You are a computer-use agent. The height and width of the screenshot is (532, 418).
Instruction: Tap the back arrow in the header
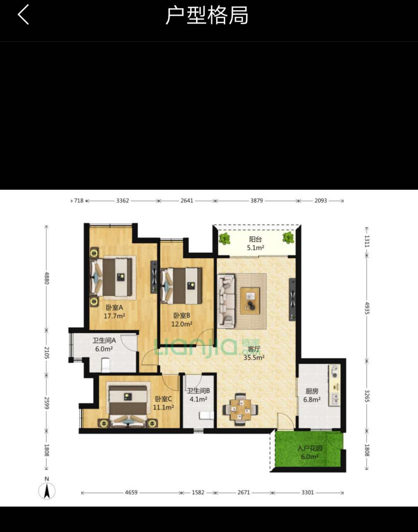click(x=23, y=14)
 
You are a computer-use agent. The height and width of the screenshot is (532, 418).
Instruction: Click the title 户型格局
click(x=207, y=15)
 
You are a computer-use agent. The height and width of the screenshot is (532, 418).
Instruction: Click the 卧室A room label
click(x=114, y=307)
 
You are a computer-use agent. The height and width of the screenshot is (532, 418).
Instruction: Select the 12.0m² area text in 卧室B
click(x=182, y=324)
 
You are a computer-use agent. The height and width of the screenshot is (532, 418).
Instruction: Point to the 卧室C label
click(x=163, y=399)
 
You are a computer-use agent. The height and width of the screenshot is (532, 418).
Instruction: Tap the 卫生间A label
click(x=104, y=340)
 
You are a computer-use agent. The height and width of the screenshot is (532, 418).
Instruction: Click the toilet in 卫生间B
click(x=206, y=416)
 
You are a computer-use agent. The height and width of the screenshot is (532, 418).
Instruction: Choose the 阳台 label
click(x=255, y=239)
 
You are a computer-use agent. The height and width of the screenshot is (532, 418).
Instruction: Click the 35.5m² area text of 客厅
click(x=254, y=358)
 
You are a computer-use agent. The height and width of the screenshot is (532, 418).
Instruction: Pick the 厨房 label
click(x=312, y=391)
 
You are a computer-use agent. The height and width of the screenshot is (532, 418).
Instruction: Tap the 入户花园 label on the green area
click(x=310, y=448)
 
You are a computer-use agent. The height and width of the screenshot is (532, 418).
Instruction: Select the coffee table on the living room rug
click(x=250, y=301)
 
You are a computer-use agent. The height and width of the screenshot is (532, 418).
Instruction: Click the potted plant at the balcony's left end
click(x=224, y=239)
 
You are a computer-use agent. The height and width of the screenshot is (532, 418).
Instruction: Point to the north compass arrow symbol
click(x=47, y=491)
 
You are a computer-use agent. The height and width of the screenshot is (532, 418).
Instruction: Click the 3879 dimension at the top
click(x=257, y=201)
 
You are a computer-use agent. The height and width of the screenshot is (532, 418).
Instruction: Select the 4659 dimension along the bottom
click(x=131, y=492)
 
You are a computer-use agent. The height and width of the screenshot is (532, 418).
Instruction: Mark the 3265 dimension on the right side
click(x=367, y=396)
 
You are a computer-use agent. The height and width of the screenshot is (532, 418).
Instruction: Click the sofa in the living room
click(x=226, y=301)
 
